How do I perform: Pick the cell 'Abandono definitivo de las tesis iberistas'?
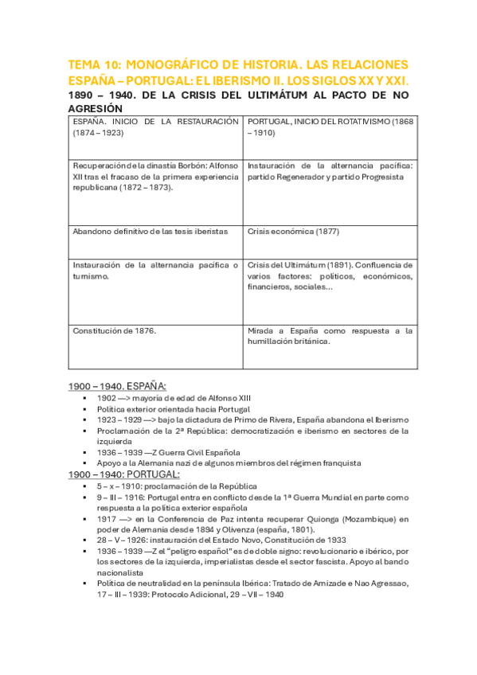pos(150,231)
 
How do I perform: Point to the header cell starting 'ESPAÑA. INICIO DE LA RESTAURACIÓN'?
pos(155,127)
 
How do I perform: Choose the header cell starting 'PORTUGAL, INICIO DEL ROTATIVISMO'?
pos(330,127)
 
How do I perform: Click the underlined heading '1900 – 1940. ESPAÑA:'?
pos(116,385)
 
